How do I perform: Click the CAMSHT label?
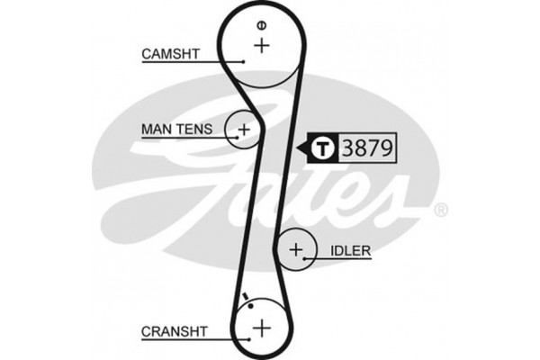click(170, 54)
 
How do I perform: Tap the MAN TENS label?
click(177, 130)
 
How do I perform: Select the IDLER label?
click(351, 250)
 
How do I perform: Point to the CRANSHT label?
click(175, 331)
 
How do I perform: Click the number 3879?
click(367, 148)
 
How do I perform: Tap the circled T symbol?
click(323, 148)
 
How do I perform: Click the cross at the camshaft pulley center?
click(262, 46)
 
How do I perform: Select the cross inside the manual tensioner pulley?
click(244, 130)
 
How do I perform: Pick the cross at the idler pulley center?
click(296, 249)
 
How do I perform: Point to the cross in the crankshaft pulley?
click(262, 328)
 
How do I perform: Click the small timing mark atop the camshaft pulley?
click(262, 25)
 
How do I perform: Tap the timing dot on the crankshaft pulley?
click(251, 306)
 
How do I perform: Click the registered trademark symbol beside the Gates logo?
click(441, 210)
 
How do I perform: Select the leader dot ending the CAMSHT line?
click(243, 62)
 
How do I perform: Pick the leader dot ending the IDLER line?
click(304, 258)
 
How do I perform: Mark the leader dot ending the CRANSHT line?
click(248, 339)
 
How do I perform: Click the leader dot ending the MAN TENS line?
click(238, 138)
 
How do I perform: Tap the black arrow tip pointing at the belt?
click(297, 148)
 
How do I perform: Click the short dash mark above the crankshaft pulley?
click(246, 296)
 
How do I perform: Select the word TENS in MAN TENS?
click(195, 130)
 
